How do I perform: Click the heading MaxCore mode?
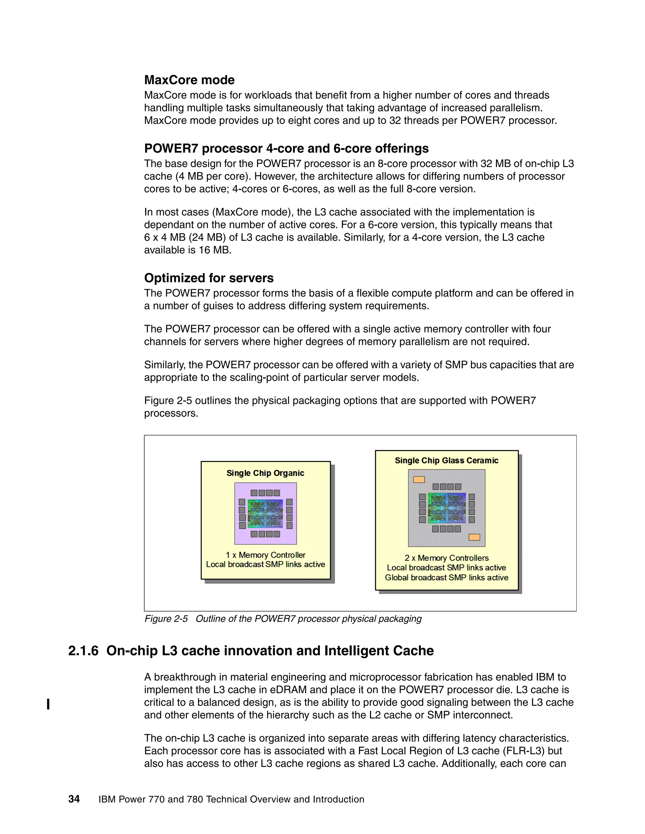point(189,80)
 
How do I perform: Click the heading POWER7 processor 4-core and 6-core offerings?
point(286,148)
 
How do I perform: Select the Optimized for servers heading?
point(208,278)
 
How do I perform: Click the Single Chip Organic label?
point(265,473)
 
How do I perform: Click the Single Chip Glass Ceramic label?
point(446,460)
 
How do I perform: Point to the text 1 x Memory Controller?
point(265,555)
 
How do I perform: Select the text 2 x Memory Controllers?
point(446,558)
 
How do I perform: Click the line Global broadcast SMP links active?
point(446,578)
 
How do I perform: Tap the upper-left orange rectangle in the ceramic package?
point(419,479)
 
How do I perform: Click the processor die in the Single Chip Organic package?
point(265,514)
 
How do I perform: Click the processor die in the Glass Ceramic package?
point(446,508)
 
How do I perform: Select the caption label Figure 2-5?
point(166,619)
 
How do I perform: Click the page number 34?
point(74,799)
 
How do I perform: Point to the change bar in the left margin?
point(48,704)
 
